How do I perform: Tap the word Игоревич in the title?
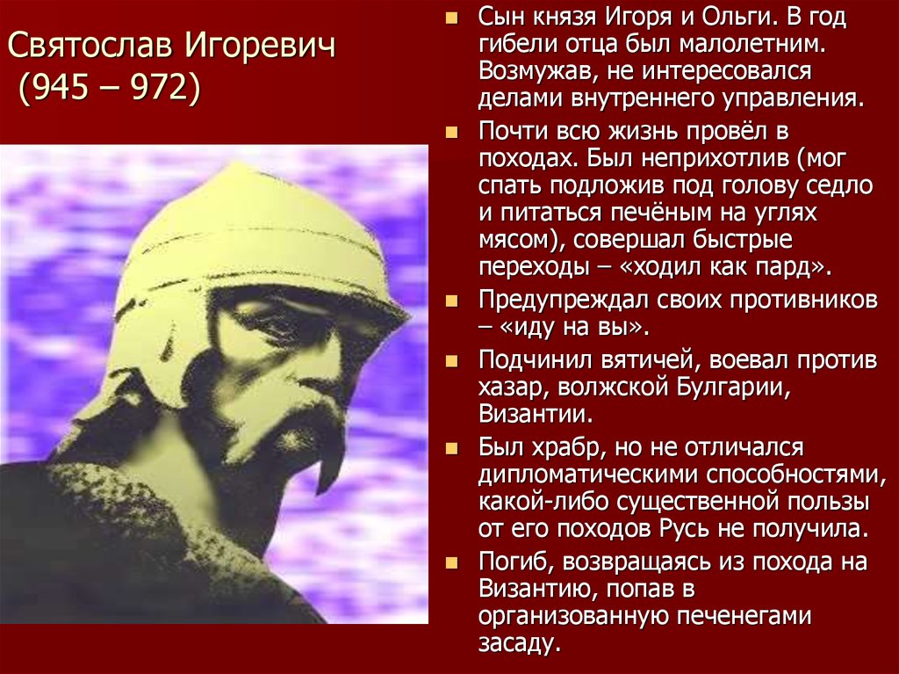260,47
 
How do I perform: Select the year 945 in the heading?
63,87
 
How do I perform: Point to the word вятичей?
649,361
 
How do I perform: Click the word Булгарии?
733,388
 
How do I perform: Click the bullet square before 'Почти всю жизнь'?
452,133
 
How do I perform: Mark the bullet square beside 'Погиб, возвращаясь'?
452,562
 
